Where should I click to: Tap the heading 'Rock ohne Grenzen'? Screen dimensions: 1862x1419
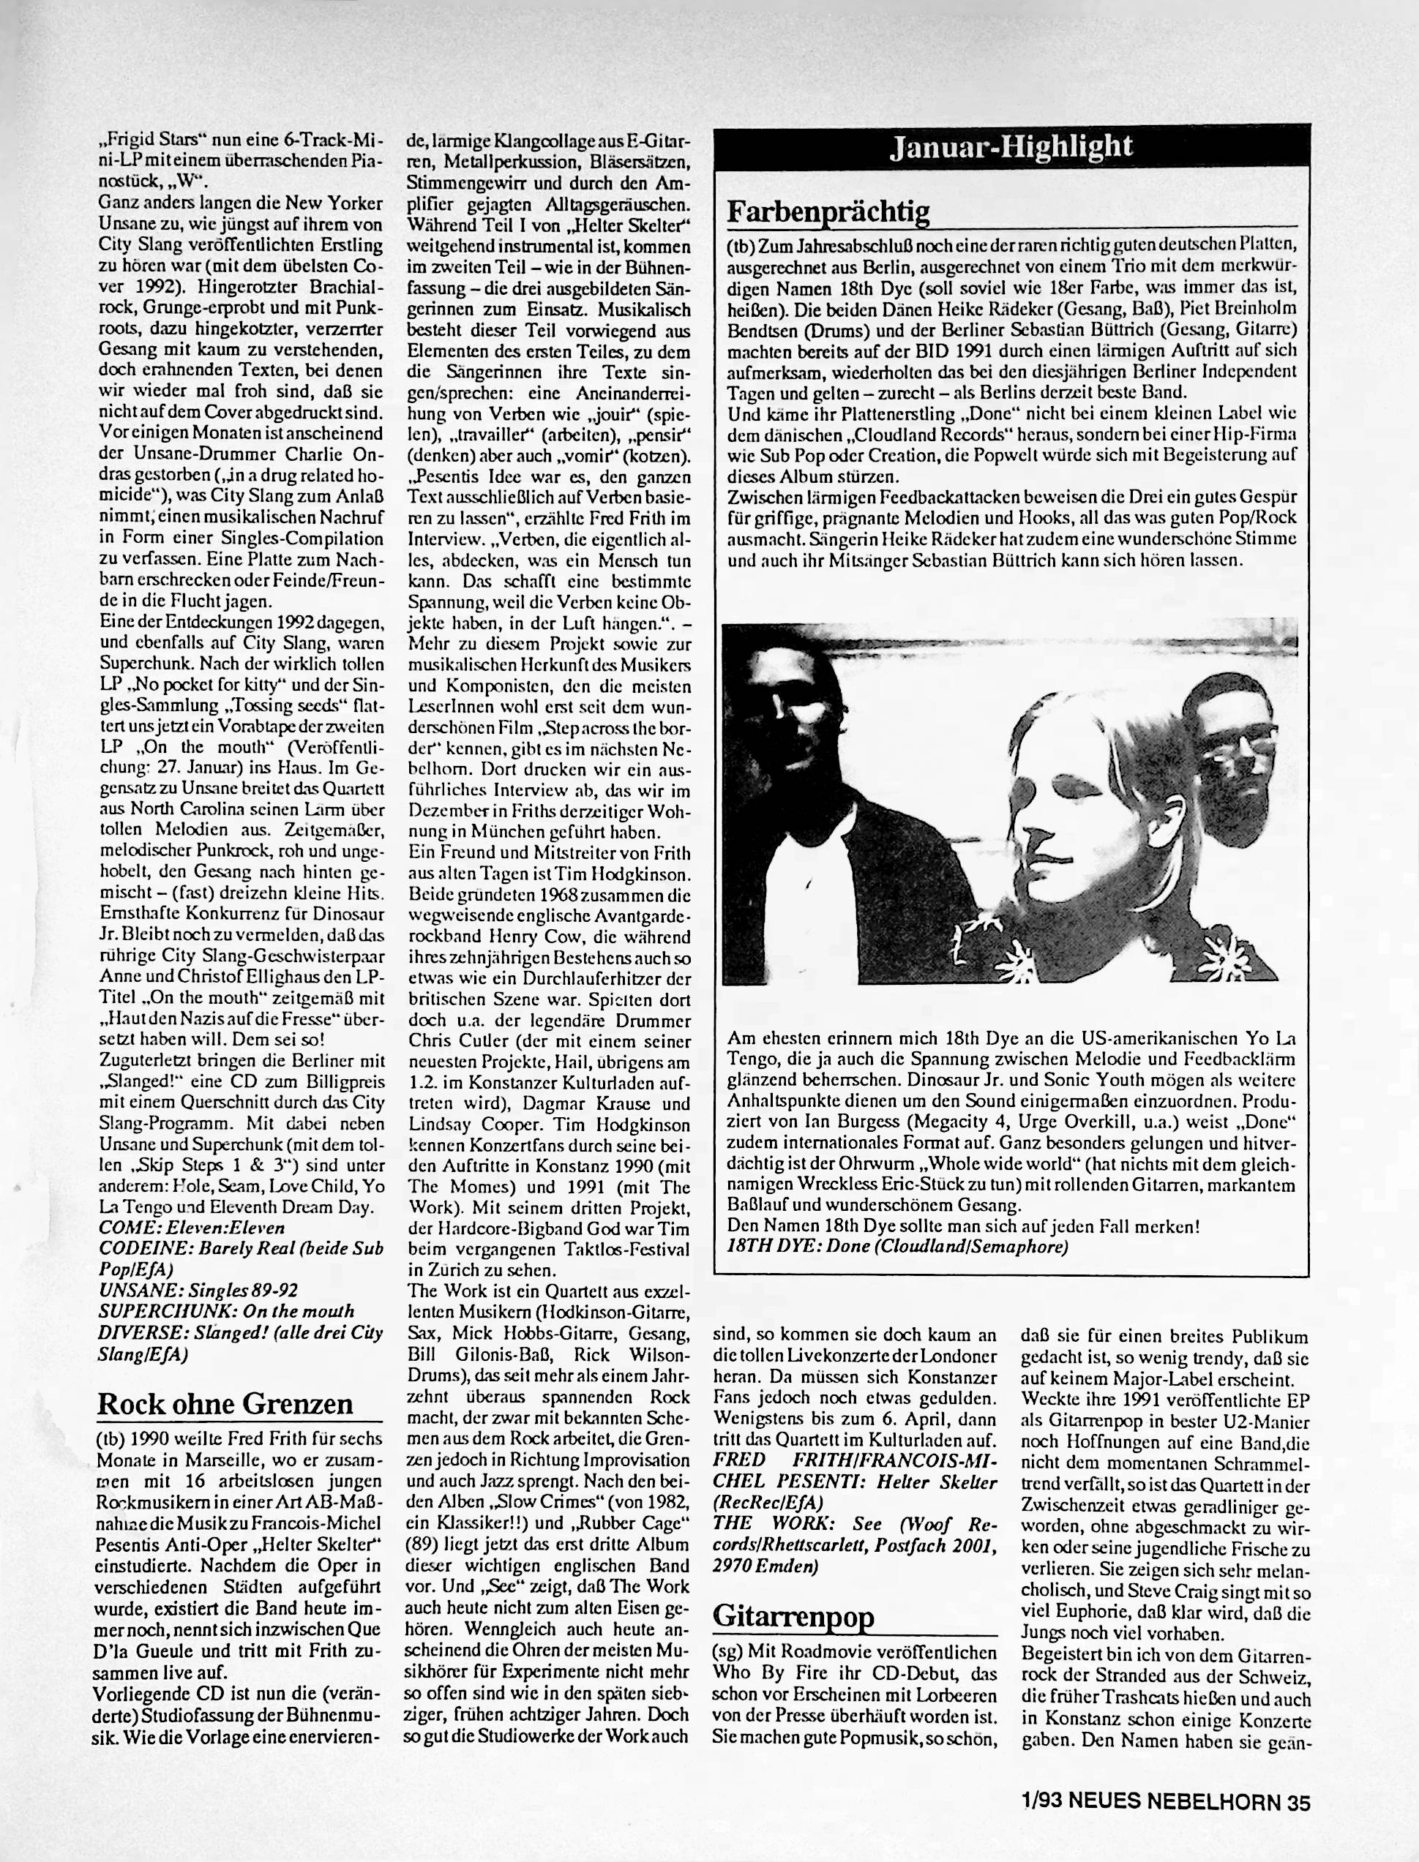[x=225, y=1403]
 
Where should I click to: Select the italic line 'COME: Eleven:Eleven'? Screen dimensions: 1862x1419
[x=192, y=1227]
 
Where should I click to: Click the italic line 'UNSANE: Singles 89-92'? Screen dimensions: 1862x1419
[x=198, y=1291]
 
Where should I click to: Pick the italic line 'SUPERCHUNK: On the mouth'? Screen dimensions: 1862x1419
[x=226, y=1311]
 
